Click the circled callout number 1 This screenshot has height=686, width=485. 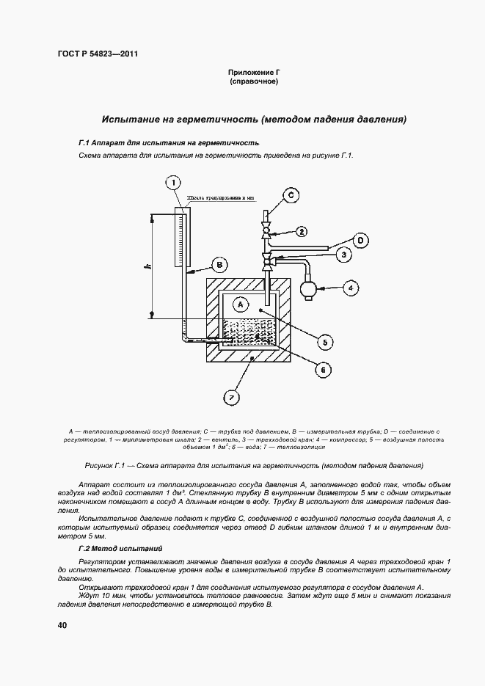click(x=172, y=183)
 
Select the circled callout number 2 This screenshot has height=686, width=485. click(x=302, y=232)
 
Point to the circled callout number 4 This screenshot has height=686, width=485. click(x=351, y=288)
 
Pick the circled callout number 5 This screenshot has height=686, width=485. click(x=326, y=341)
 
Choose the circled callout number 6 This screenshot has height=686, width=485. click(x=320, y=370)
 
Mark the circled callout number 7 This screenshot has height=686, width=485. click(x=230, y=398)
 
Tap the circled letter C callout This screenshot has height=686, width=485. click(x=291, y=194)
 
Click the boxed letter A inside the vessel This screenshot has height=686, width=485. click(x=239, y=302)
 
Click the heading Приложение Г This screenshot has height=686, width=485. click(x=253, y=73)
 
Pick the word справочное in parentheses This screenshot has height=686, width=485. click(x=253, y=82)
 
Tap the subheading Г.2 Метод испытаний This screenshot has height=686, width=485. click(x=120, y=549)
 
